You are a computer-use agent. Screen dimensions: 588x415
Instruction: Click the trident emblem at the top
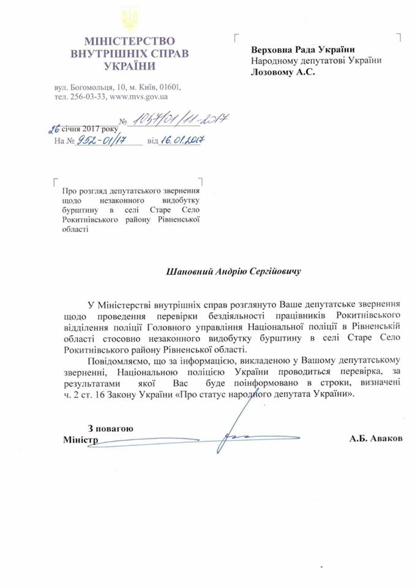tap(130, 19)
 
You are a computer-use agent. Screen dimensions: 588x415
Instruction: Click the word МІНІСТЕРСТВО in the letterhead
tap(130, 40)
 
